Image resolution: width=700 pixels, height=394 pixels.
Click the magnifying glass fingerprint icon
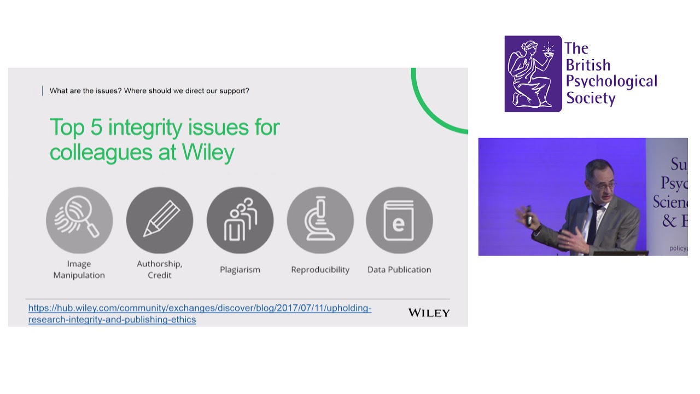pos(79,220)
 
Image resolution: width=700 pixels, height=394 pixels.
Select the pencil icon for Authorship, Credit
pos(160,220)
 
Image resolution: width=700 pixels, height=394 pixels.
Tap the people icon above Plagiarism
pos(240,220)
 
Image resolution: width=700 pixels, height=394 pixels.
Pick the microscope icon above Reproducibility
pos(320,220)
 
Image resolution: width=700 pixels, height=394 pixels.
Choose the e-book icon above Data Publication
pos(399,220)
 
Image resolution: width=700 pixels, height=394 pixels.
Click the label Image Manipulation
pos(79,269)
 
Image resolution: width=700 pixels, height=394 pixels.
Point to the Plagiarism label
pos(240,269)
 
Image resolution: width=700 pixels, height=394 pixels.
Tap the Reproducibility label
pos(320,269)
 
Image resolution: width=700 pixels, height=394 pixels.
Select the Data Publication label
pos(399,269)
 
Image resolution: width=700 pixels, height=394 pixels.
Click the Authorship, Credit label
pos(159,269)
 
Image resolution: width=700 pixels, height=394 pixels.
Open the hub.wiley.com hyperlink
pos(200,314)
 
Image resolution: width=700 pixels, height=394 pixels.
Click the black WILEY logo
pos(429,313)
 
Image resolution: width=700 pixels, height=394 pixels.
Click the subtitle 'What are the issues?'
pos(85,91)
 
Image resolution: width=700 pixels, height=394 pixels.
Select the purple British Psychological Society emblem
pos(533,74)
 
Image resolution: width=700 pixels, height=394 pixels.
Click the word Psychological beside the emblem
pos(611,82)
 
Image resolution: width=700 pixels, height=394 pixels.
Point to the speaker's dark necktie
pos(592,224)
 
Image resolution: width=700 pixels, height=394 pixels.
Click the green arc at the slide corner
pos(432,115)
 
